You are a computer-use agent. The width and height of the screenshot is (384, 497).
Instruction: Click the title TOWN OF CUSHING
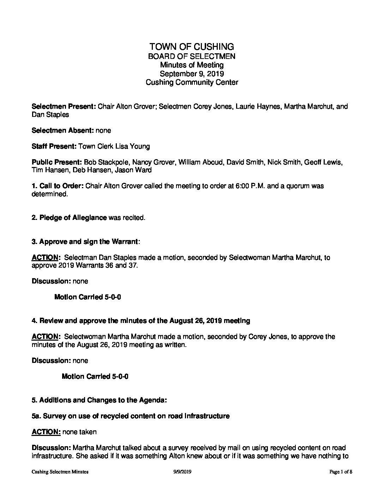192,47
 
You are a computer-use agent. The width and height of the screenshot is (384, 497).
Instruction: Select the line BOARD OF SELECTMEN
192,56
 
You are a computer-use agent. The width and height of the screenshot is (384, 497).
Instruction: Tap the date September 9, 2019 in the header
192,74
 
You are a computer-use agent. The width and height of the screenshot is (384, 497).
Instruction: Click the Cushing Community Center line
192,83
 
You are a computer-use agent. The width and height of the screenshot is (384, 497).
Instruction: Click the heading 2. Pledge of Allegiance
69,218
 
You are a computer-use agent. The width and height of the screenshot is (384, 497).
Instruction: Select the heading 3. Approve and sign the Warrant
85,242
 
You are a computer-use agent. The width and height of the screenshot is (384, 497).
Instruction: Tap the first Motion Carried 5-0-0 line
88,297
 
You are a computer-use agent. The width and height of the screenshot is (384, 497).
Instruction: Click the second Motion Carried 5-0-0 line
95,377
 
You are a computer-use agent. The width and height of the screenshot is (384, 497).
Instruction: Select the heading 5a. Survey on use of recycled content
131,416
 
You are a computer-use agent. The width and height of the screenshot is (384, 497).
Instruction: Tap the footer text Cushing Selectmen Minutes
60,472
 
